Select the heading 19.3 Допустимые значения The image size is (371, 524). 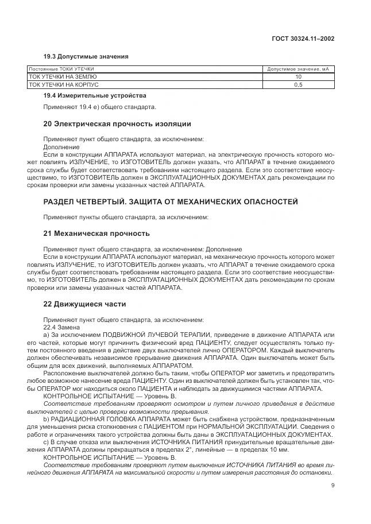pyautogui.click(x=86, y=56)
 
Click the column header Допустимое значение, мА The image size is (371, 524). pyautogui.click(x=298, y=69)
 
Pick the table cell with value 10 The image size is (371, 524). pyautogui.click(x=298, y=76)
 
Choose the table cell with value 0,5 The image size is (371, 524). pyautogui.click(x=298, y=84)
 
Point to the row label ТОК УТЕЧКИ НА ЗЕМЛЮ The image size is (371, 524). pyautogui.click(x=63, y=76)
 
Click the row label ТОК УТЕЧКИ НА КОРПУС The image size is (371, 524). pyautogui.click(x=63, y=84)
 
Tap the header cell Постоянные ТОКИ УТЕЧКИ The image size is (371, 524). pyautogui.click(x=61, y=69)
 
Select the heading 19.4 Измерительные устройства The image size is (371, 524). pyautogui.click(x=95, y=95)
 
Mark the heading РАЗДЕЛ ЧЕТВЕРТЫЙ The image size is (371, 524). pyautogui.click(x=91, y=203)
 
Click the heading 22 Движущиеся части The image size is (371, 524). pyautogui.click(x=84, y=304)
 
